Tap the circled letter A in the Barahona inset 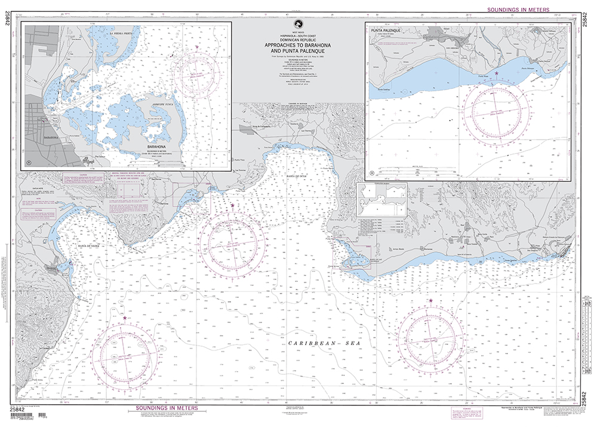click(29, 162)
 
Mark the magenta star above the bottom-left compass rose click(125, 318)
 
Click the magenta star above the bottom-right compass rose click(430, 300)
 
